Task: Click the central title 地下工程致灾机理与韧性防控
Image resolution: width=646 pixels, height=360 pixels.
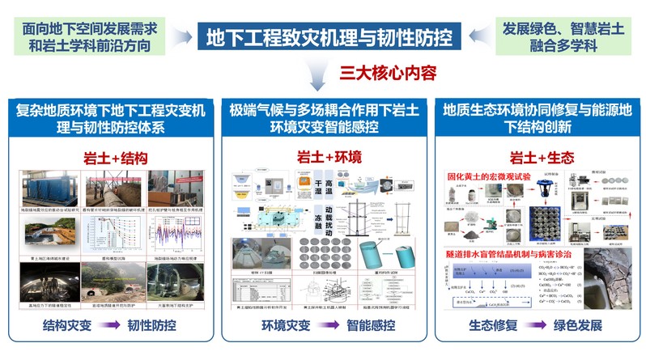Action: (330, 36)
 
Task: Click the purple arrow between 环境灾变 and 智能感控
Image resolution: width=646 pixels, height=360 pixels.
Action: (321, 330)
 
